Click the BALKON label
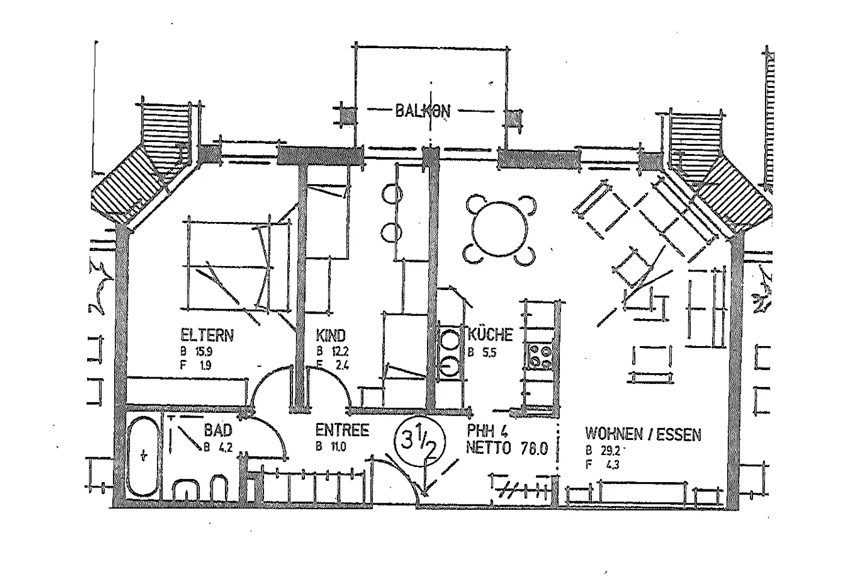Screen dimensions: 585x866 422,111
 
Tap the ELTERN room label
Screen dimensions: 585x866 207,335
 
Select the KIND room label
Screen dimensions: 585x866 331,335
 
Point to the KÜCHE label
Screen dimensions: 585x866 490,335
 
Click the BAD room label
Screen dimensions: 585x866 218,431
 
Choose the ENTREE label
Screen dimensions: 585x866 342,431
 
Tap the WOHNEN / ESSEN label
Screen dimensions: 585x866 643,433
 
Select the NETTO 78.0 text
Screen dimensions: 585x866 507,448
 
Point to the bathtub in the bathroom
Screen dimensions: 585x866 143,456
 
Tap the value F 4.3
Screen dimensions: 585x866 603,464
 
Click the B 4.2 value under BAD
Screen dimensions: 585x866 217,446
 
